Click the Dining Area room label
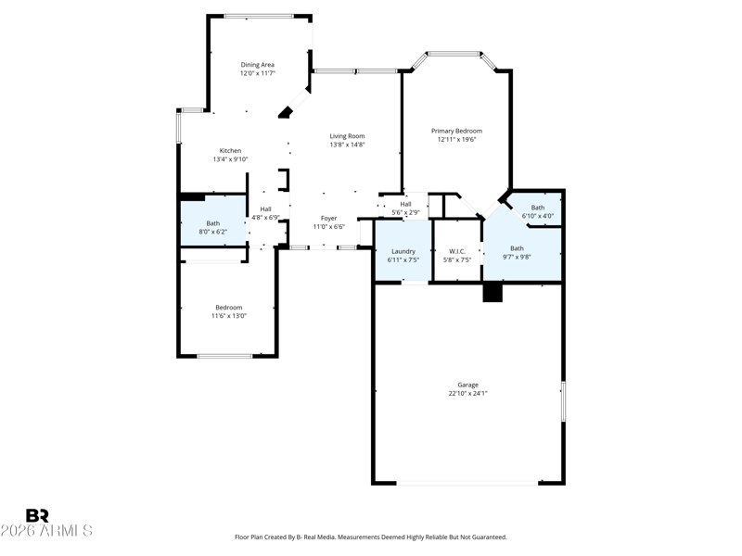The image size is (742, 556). pyautogui.click(x=258, y=65)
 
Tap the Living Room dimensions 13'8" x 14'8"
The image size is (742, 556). pyautogui.click(x=347, y=145)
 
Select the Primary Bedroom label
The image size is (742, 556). pyautogui.click(x=456, y=131)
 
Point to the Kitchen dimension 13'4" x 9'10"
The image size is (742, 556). pyautogui.click(x=230, y=159)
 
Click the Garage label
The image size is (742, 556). pyautogui.click(x=468, y=385)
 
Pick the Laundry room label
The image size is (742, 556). pyautogui.click(x=403, y=251)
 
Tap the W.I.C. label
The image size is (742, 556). pyautogui.click(x=457, y=251)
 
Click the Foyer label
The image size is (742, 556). pyautogui.click(x=329, y=219)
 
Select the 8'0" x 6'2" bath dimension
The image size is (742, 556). pyautogui.click(x=213, y=232)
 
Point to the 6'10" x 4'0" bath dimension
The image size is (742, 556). pyautogui.click(x=538, y=216)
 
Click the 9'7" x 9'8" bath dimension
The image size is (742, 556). pyautogui.click(x=517, y=257)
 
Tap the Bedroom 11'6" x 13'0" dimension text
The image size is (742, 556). pyautogui.click(x=229, y=316)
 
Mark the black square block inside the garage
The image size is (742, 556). pyautogui.click(x=493, y=292)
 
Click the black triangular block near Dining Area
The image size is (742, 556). pyautogui.click(x=286, y=112)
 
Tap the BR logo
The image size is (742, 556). pyautogui.click(x=37, y=515)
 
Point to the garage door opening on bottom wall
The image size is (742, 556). pyautogui.click(x=467, y=483)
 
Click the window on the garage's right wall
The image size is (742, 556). pyautogui.click(x=563, y=401)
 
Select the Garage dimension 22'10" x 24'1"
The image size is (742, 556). pyautogui.click(x=468, y=393)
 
